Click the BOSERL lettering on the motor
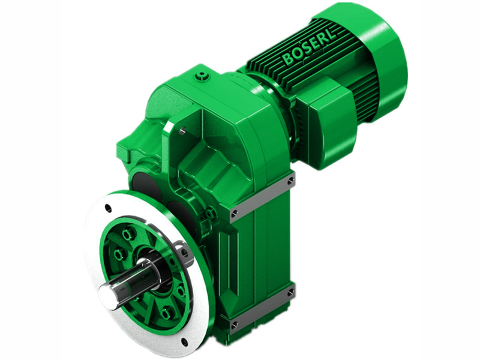tap(310, 48)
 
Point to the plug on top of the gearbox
tap(203, 76)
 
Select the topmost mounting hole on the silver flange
tap(108, 209)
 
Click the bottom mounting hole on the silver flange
tap(184, 342)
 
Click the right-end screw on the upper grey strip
tap(291, 180)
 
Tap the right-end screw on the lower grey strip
tap(291, 293)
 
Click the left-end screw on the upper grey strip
tap(234, 212)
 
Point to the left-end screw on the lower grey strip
tap(234, 325)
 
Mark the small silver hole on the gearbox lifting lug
tap(181, 130)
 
